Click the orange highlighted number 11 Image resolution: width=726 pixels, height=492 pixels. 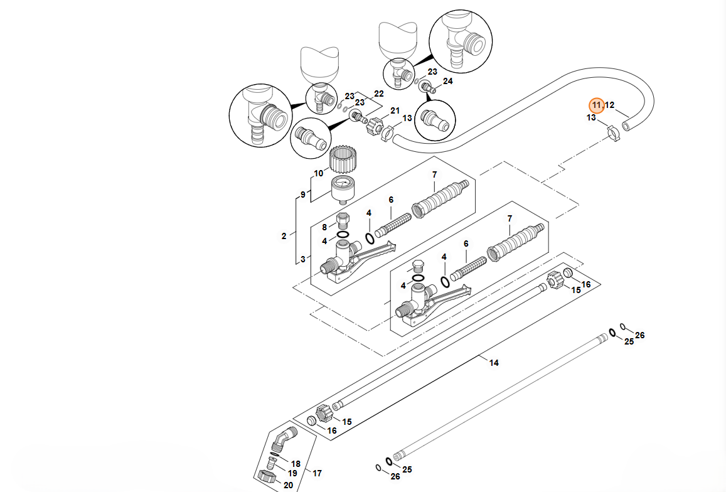tap(596, 105)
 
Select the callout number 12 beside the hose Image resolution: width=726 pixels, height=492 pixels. tap(610, 105)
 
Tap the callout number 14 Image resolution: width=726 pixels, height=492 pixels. tap(494, 363)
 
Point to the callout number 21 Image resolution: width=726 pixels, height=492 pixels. tap(395, 111)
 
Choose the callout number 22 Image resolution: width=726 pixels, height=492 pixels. tap(378, 94)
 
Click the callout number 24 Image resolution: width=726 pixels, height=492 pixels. tap(447, 82)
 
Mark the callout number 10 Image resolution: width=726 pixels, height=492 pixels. tap(319, 173)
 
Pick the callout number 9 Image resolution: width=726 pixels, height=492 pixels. tap(303, 195)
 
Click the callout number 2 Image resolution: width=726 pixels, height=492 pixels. tap(284, 237)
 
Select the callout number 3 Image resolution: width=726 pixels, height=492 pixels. tap(304, 259)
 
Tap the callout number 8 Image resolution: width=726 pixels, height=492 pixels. tap(324, 227)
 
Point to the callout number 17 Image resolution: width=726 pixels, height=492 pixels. tap(317, 473)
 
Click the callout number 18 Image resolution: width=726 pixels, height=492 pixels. tap(296, 464)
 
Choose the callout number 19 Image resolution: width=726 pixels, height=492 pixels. tap(292, 474)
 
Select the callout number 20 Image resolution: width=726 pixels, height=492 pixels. tap(289, 484)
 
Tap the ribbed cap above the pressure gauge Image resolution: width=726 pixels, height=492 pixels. tap(343, 161)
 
